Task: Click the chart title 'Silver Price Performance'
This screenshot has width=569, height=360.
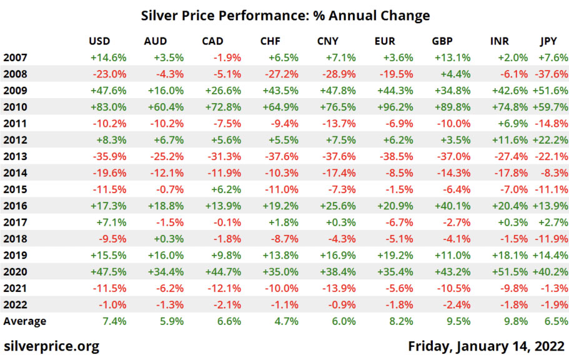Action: click(285, 15)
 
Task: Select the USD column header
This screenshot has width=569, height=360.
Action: click(99, 41)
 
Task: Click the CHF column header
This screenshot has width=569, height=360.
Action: click(271, 41)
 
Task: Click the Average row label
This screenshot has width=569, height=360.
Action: click(25, 321)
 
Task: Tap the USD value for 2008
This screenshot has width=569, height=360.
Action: click(110, 74)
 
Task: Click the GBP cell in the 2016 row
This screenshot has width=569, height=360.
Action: click(453, 206)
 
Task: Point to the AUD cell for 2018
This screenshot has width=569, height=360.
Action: click(168, 238)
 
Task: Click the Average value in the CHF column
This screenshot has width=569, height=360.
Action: click(286, 321)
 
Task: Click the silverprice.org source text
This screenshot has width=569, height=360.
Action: click(51, 346)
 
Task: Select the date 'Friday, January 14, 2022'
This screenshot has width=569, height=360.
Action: click(487, 346)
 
